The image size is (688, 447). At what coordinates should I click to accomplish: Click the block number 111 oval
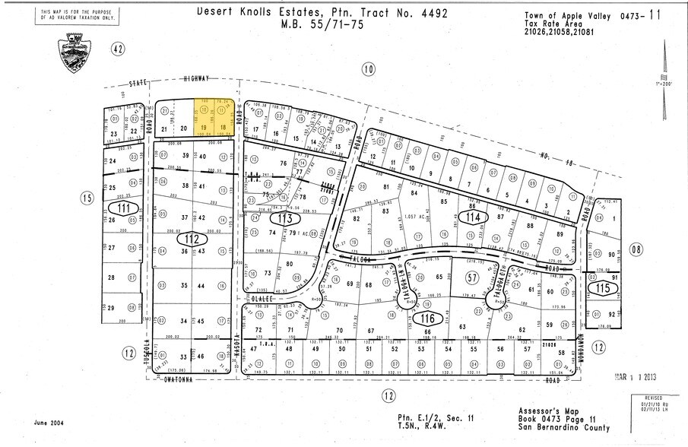point(123,208)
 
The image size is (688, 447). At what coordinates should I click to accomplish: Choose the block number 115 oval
point(605,288)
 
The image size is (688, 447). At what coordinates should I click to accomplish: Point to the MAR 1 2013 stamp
point(632,375)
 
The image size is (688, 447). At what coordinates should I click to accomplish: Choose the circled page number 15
point(86,197)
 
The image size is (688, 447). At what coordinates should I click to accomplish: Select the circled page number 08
point(636,249)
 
